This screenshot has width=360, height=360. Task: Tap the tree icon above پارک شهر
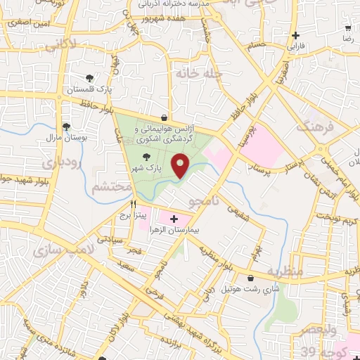click(146, 157)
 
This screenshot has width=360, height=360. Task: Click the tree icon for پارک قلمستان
click(89, 78)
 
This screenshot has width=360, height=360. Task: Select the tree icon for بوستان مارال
click(66, 127)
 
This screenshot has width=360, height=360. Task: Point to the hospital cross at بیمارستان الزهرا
click(174, 219)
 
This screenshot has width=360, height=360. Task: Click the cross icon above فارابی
click(296, 35)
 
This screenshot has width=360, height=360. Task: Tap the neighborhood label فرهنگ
click(313, 127)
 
